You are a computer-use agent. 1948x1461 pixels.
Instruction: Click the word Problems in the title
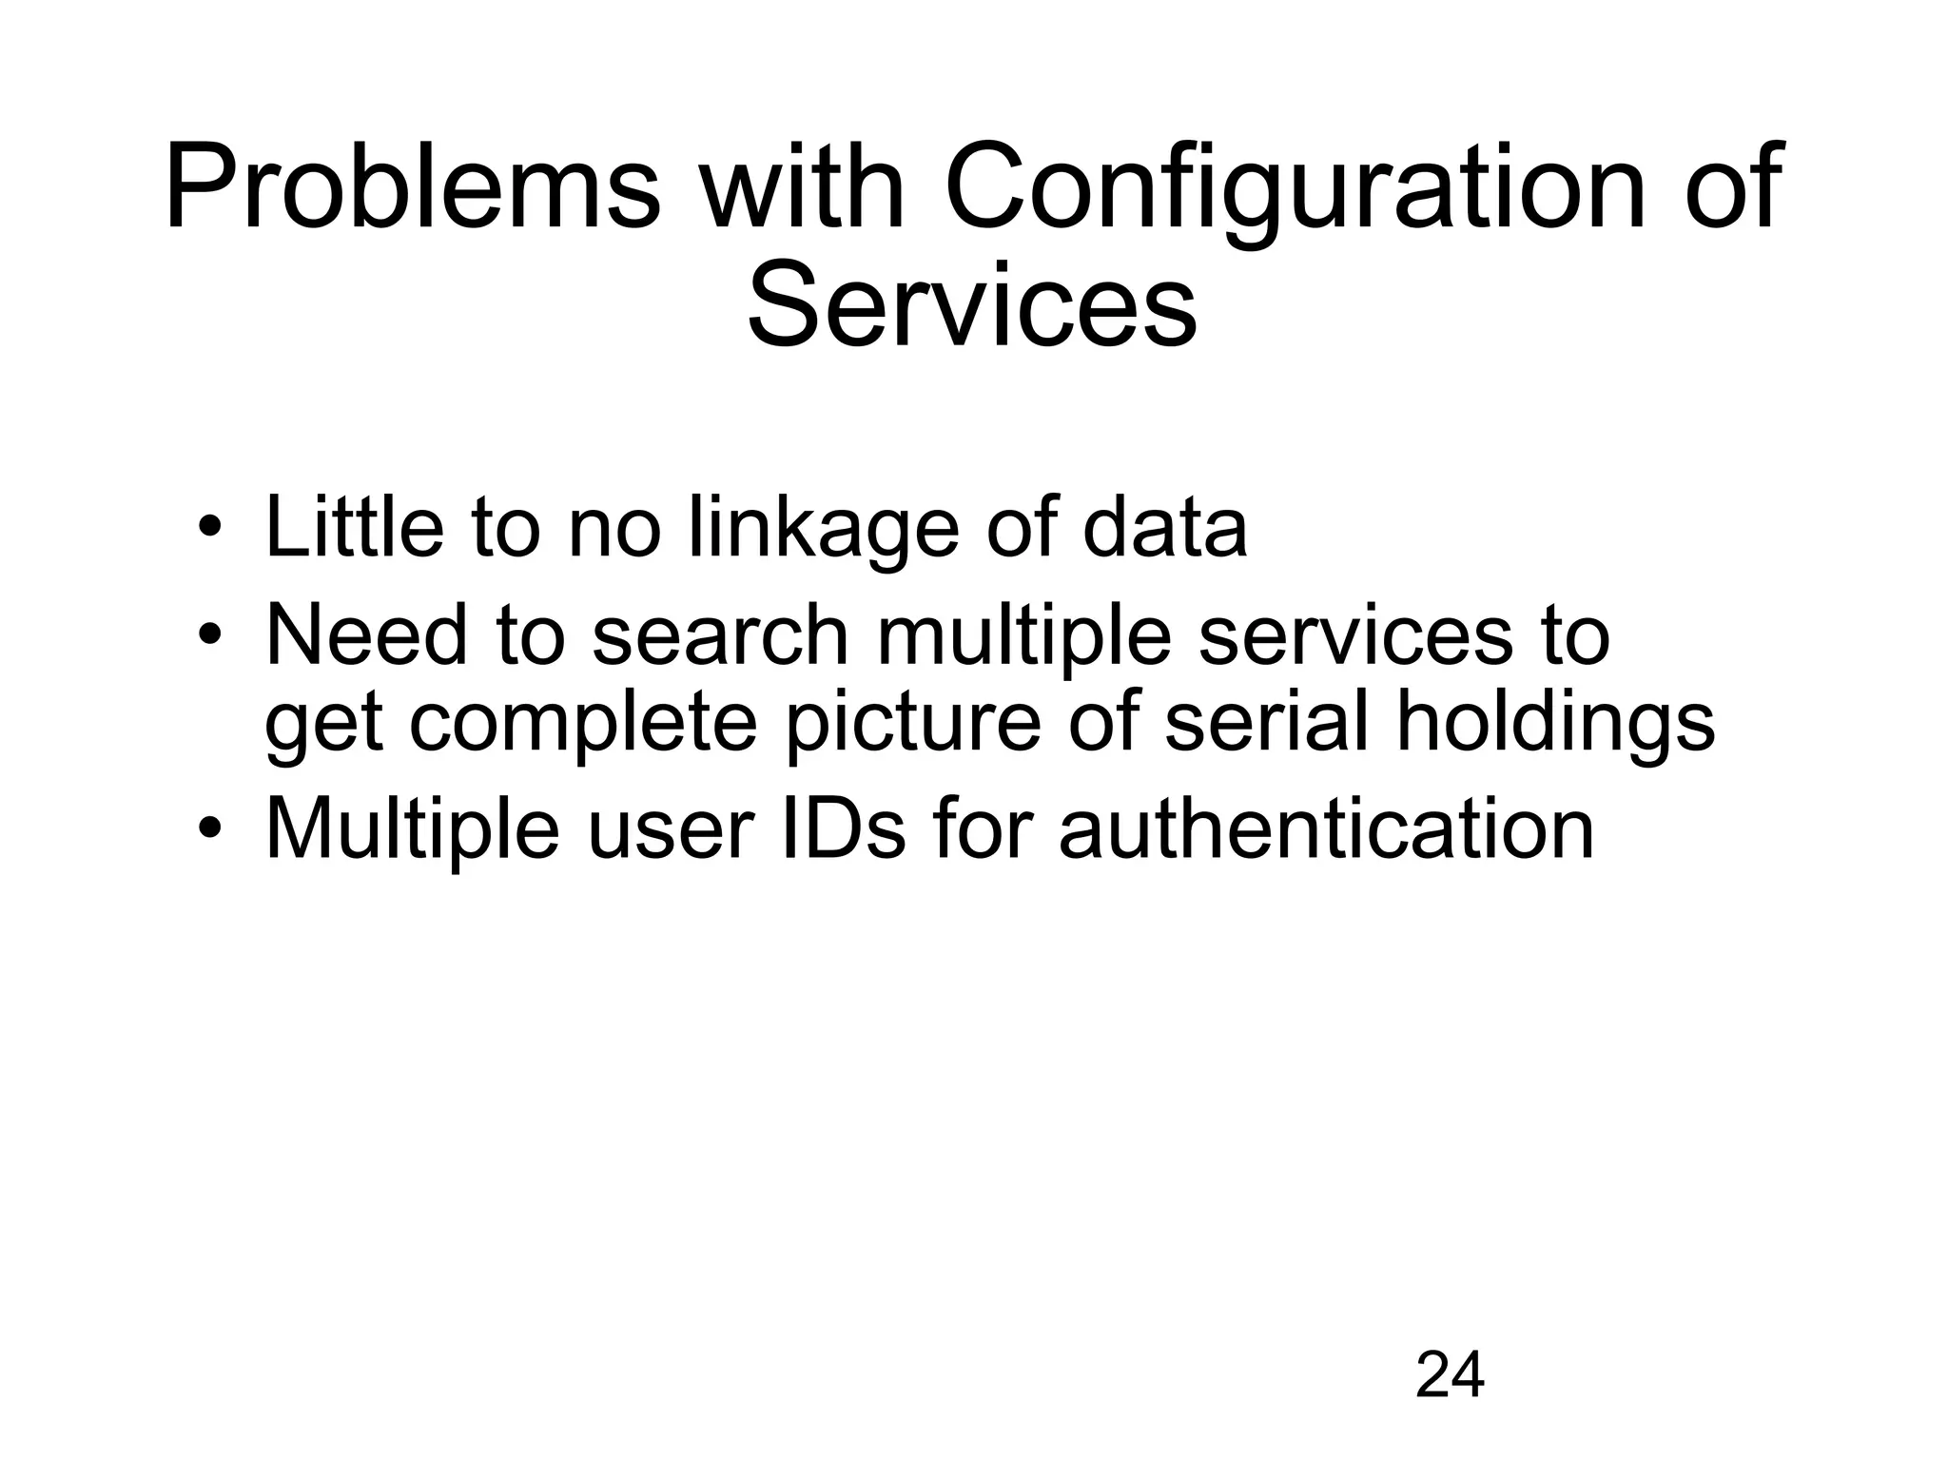click(412, 186)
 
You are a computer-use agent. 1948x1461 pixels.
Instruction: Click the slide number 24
click(1450, 1374)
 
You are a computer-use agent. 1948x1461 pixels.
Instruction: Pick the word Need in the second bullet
click(366, 634)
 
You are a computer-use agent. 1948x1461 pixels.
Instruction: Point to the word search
click(719, 634)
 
